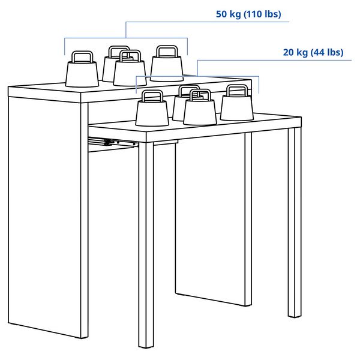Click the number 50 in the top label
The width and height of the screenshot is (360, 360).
pos(221,14)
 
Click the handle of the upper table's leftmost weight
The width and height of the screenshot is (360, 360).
pos(82,57)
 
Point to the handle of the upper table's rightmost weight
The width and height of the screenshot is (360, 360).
pos(166,50)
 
